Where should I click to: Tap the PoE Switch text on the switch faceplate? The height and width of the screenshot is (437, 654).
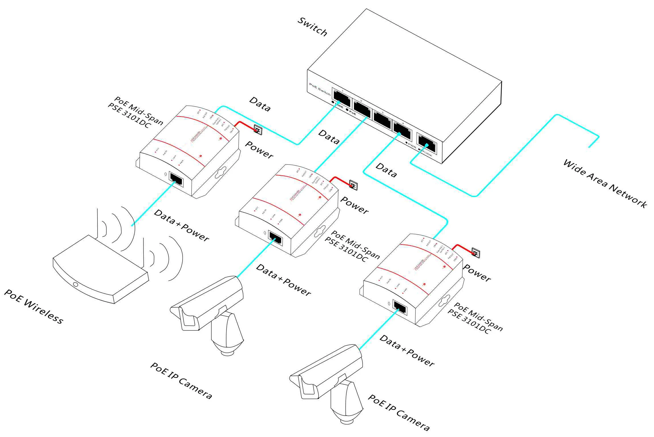pos(320,89)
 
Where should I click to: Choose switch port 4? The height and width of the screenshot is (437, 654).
pos(402,130)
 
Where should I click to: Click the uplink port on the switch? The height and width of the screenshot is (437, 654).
pos(427,143)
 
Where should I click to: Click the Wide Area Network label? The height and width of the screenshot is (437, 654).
pos(605,183)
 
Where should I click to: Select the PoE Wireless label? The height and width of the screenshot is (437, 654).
pos(34,306)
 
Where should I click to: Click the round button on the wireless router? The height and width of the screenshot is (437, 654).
pos(75,284)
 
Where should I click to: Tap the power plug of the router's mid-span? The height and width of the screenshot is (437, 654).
pos(257,130)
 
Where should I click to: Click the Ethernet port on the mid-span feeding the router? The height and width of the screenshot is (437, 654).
pos(176,179)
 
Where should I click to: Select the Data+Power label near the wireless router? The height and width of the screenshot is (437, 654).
pos(181,225)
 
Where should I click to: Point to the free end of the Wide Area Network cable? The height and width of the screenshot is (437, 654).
pos(589,147)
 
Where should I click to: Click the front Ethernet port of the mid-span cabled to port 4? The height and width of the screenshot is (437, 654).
pos(400,307)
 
